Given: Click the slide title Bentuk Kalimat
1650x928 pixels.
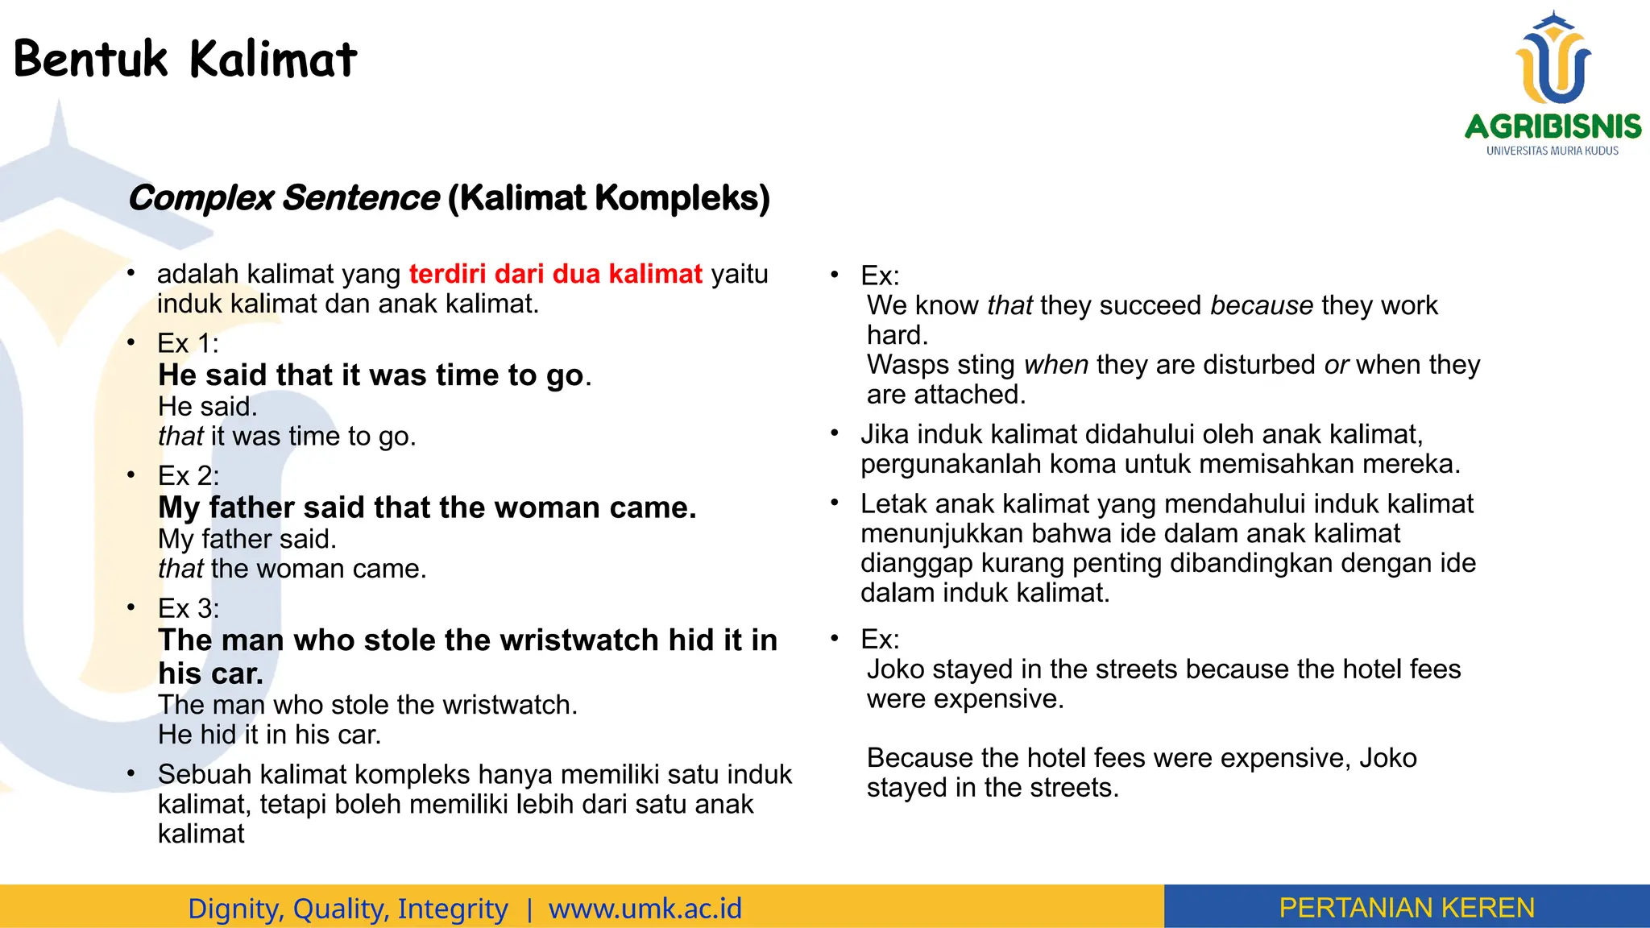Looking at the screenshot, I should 184,60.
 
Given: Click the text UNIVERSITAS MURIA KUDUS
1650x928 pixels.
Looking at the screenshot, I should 1552,151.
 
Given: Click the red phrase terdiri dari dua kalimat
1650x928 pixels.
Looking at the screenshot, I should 555,274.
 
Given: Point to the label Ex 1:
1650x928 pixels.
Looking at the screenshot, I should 188,344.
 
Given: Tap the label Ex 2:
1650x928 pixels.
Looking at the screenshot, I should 188,476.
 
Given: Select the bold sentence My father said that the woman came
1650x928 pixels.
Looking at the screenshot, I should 427,507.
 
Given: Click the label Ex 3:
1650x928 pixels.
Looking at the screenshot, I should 188,609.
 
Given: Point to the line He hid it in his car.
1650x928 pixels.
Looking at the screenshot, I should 269,735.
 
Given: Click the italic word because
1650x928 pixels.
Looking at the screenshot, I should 1261,306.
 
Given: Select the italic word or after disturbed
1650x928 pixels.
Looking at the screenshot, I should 1336,365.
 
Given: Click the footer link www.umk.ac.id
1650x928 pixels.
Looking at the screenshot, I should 645,909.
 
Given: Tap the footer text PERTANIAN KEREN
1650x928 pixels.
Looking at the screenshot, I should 1406,908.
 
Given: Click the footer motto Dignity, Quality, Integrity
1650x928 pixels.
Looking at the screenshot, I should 347,909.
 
